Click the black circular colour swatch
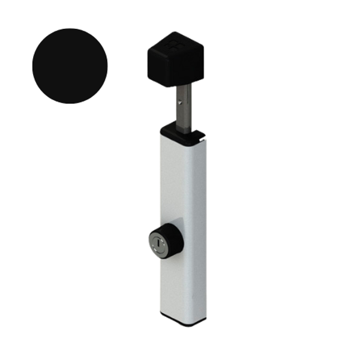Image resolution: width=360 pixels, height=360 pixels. (x=70, y=66)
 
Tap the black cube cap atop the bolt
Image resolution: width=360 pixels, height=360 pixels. (x=175, y=59)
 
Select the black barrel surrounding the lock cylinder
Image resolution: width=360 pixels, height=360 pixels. (x=173, y=239)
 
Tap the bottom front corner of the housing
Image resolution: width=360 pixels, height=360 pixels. (x=163, y=316)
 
